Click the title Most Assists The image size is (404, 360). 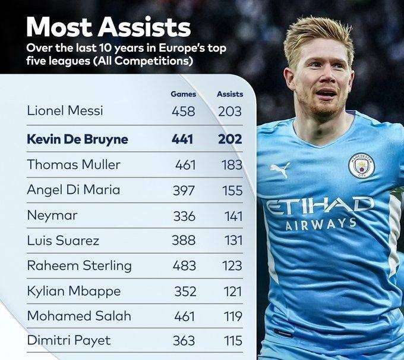(109, 27)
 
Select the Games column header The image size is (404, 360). (184, 94)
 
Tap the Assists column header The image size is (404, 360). (229, 94)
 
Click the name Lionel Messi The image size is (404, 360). (65, 111)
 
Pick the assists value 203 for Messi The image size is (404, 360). (229, 111)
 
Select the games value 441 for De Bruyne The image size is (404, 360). (184, 139)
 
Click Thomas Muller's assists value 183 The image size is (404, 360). (231, 165)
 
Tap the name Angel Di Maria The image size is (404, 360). (74, 190)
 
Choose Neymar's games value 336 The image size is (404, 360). (184, 215)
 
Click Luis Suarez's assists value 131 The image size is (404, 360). (232, 241)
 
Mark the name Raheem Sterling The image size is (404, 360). (80, 266)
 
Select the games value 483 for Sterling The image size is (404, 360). (184, 266)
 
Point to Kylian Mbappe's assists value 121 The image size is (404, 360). (232, 292)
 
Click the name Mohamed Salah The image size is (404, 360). (79, 316)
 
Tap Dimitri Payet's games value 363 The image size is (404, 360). (184, 342)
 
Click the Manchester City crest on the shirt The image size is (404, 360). (361, 165)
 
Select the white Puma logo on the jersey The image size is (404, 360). (280, 170)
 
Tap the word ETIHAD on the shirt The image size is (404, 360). (320, 206)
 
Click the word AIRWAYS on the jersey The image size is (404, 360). (320, 224)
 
